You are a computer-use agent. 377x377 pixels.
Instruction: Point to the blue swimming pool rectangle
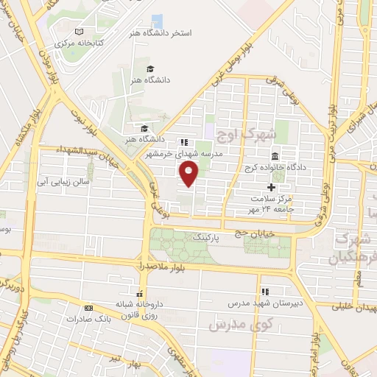(157, 21)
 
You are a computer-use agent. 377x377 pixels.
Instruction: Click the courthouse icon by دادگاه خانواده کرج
(274, 157)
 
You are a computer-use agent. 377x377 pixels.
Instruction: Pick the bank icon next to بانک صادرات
(88, 308)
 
